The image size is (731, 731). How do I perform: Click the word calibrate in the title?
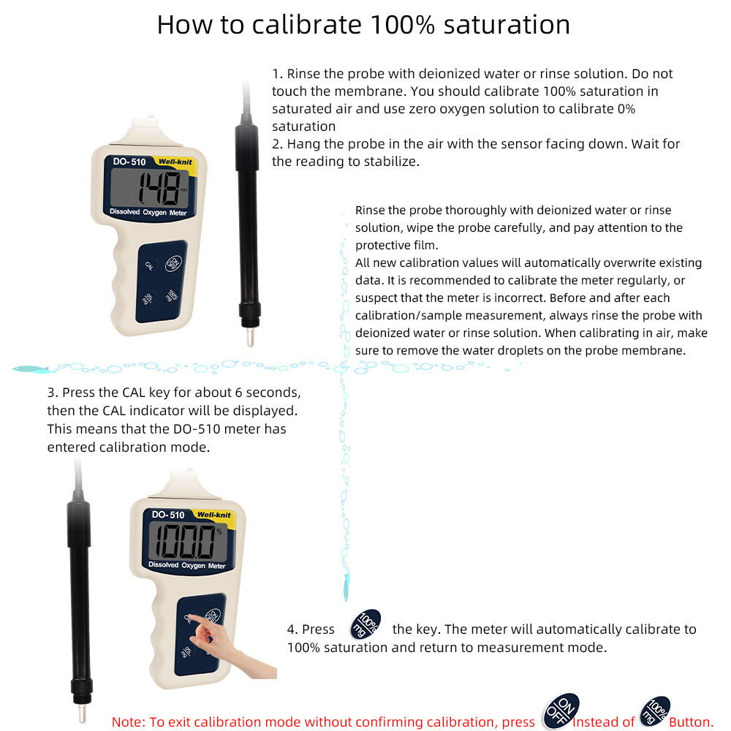pos(306,24)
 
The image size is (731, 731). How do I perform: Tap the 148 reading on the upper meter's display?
pos(159,188)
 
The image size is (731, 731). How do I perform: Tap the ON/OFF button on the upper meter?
pos(173,263)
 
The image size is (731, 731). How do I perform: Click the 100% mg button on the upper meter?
pos(172,295)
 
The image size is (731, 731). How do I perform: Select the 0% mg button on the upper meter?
pos(148,298)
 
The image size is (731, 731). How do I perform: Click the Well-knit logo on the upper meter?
pos(175,162)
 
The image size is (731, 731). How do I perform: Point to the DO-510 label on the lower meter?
pos(168,515)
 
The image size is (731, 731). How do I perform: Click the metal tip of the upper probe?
pos(250,336)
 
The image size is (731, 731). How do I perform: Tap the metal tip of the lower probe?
pos(82,712)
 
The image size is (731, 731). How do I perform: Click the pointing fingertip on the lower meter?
pos(192,617)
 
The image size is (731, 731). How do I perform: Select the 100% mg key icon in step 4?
pos(365,624)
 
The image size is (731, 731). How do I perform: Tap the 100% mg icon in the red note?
pos(654,711)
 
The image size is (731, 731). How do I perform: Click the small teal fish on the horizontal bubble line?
pos(31,370)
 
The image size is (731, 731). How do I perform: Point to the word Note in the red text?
pos(128,721)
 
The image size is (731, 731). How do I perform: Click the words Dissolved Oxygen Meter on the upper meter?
pos(148,212)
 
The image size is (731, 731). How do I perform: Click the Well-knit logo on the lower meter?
pos(214,515)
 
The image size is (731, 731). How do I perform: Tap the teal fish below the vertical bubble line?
pos(346,586)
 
